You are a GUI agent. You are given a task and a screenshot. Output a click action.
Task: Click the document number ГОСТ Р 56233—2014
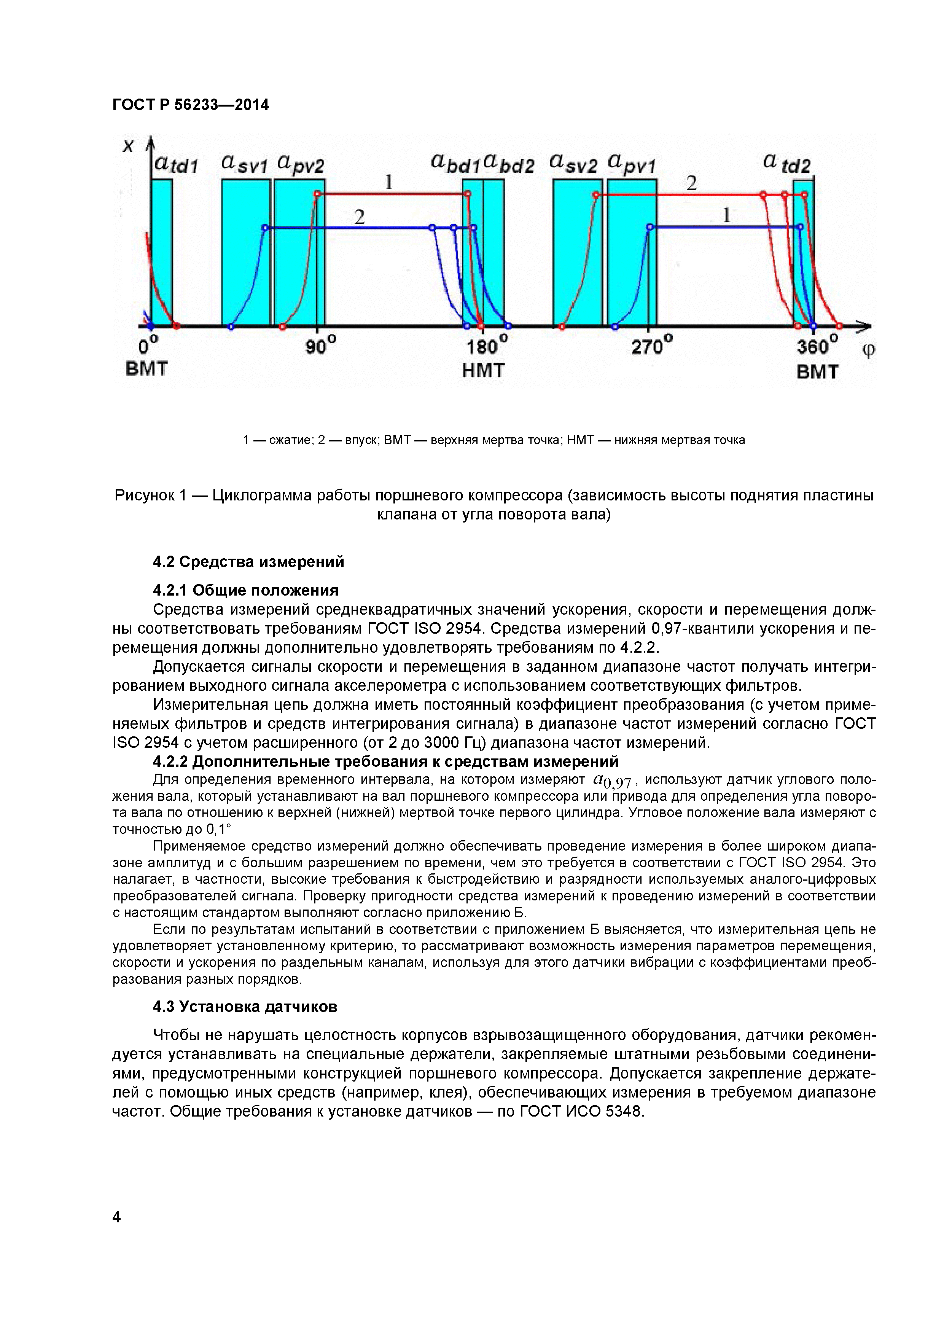[x=191, y=105]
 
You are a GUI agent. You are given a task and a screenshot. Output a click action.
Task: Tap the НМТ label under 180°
[x=483, y=370]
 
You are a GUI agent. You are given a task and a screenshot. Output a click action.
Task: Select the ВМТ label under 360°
[x=817, y=371]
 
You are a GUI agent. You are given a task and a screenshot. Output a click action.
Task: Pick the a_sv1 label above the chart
[x=244, y=164]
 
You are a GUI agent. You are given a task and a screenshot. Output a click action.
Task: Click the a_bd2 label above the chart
[x=509, y=164]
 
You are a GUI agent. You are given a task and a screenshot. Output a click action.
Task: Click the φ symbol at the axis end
[x=868, y=350]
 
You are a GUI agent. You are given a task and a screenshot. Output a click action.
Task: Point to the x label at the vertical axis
[x=128, y=145]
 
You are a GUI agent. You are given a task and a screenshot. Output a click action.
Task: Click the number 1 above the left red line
[x=389, y=183]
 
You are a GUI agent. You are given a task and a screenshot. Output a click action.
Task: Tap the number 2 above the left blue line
[x=359, y=217]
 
